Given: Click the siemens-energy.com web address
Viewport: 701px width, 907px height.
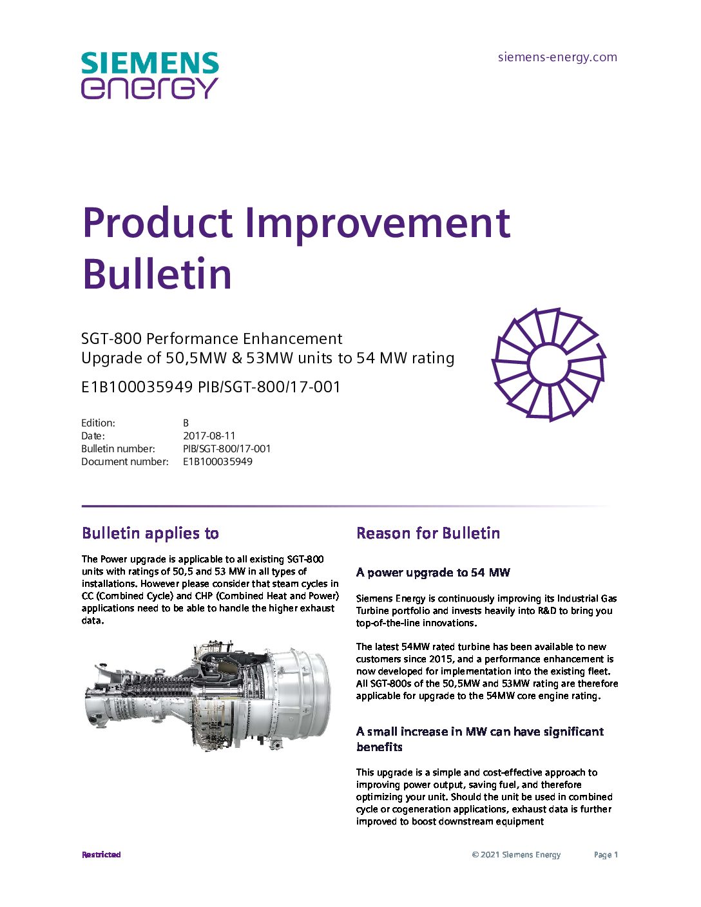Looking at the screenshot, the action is pyautogui.click(x=557, y=57).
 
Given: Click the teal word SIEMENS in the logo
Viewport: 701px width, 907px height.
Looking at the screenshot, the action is pyautogui.click(x=150, y=63).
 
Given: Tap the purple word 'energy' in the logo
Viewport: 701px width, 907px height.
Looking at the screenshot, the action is pyautogui.click(x=149, y=88).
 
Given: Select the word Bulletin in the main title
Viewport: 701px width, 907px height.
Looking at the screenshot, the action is pyautogui.click(x=157, y=273).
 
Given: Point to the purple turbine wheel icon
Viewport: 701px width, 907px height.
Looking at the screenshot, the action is pyautogui.click(x=548, y=365).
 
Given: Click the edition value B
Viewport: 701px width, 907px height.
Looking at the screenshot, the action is pyautogui.click(x=186, y=423).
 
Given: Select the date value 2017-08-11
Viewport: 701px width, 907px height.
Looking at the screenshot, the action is pyautogui.click(x=209, y=435).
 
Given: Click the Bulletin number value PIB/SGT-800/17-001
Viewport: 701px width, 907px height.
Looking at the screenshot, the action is pyautogui.click(x=227, y=449).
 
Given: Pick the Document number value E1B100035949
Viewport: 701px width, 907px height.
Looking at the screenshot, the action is pyautogui.click(x=218, y=462).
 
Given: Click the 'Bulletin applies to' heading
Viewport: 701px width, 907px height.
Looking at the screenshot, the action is pyautogui.click(x=150, y=533).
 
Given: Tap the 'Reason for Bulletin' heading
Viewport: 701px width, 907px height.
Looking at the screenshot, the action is pyautogui.click(x=428, y=533).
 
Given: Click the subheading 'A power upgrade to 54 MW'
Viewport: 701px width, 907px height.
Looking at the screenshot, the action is pyautogui.click(x=433, y=572).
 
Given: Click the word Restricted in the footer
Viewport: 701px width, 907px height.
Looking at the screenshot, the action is pyautogui.click(x=101, y=854).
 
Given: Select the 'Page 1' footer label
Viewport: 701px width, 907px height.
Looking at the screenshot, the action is pyautogui.click(x=606, y=855).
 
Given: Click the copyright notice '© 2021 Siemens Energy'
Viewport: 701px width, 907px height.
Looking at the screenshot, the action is pyautogui.click(x=517, y=855).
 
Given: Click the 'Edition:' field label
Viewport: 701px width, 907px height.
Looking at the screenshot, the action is pyautogui.click(x=98, y=423).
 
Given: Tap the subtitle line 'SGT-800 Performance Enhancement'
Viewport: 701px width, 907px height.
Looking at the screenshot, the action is pyautogui.click(x=212, y=338).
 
